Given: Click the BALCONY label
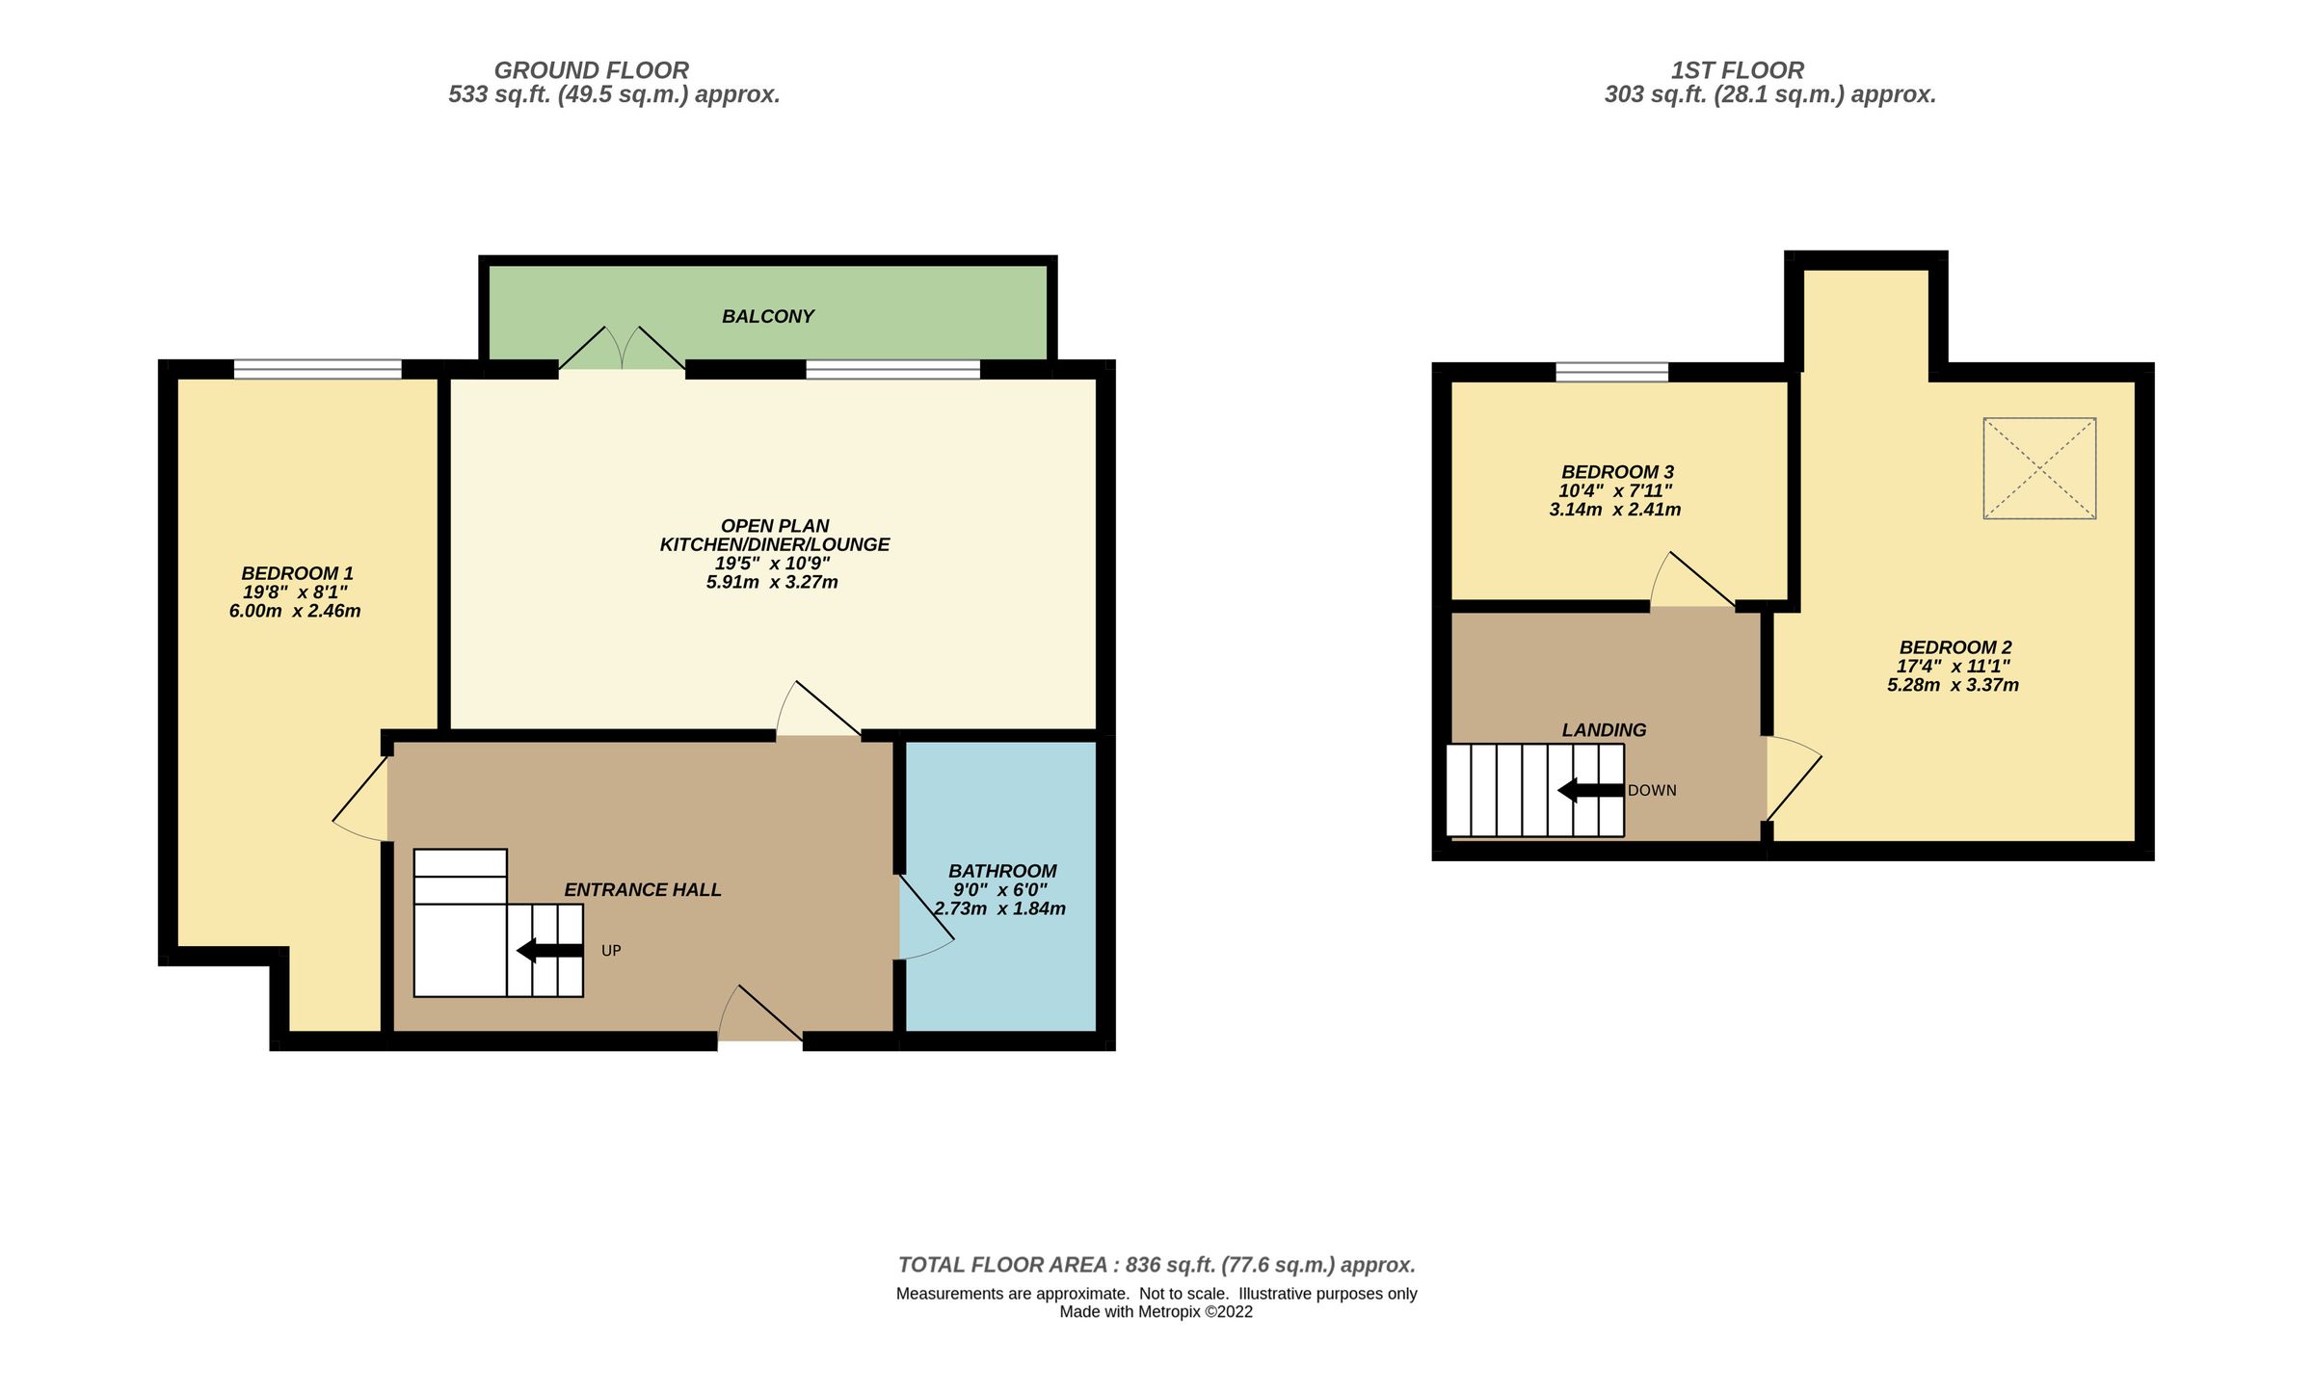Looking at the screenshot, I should pyautogui.click(x=768, y=316).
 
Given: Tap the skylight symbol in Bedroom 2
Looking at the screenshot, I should pyautogui.click(x=2039, y=468).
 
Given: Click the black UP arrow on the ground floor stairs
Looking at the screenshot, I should pyautogui.click(x=549, y=951).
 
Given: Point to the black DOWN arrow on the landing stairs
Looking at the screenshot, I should pyautogui.click(x=1590, y=790).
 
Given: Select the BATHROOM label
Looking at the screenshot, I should pyautogui.click(x=1002, y=871).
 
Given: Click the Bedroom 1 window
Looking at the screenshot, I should pyautogui.click(x=317, y=369).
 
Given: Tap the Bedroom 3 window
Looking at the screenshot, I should pyautogui.click(x=1611, y=372).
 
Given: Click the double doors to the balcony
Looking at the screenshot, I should pyautogui.click(x=622, y=351).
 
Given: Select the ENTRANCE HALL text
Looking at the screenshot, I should pyautogui.click(x=643, y=890).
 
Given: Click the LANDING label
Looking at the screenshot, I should pyautogui.click(x=1604, y=730).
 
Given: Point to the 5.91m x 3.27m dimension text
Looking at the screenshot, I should pyautogui.click(x=772, y=582).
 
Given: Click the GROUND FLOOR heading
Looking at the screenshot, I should pyautogui.click(x=591, y=70).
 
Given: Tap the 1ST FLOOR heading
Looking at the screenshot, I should pyautogui.click(x=1737, y=70).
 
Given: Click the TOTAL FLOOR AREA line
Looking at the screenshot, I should pyautogui.click(x=1156, y=1265).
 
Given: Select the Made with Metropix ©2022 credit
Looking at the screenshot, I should pyautogui.click(x=1156, y=1311).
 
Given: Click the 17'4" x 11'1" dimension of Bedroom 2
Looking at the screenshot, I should pyautogui.click(x=1954, y=667).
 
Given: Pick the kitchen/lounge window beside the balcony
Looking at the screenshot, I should pyautogui.click(x=892, y=369).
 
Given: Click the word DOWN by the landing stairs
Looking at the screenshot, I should pyautogui.click(x=1652, y=791).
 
